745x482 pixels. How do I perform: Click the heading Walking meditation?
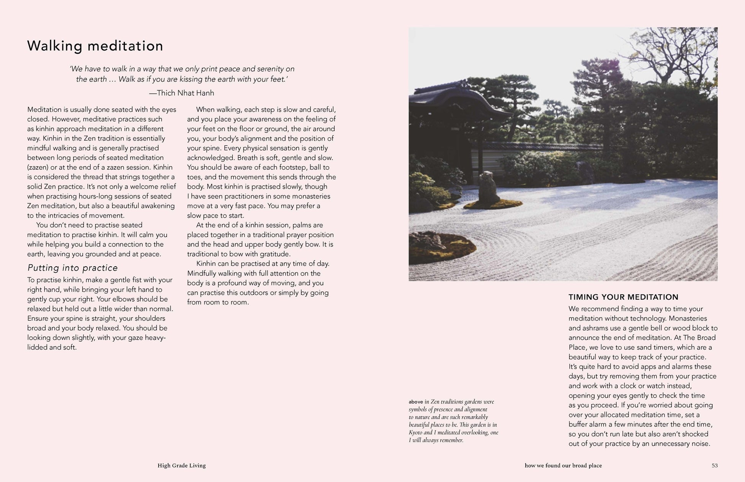click(x=95, y=46)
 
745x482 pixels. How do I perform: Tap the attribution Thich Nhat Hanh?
click(x=185, y=93)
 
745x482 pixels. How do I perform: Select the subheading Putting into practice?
click(x=72, y=268)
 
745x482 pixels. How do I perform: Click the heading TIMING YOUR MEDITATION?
click(x=623, y=297)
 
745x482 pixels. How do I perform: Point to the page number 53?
click(x=714, y=466)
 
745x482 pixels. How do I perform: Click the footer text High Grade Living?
click(x=181, y=466)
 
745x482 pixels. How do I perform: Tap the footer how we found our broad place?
click(x=563, y=466)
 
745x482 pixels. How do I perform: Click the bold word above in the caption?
click(x=416, y=402)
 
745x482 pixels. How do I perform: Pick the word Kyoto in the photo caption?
click(x=415, y=433)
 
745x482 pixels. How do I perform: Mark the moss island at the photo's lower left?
click(x=440, y=245)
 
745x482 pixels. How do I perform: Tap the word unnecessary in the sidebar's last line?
click(x=672, y=444)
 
